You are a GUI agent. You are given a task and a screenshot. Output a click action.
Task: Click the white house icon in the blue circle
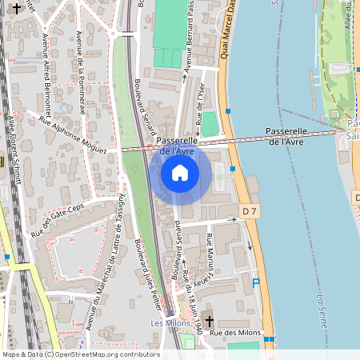point(180,173)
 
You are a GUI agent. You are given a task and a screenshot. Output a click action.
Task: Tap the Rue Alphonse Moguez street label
point(71,131)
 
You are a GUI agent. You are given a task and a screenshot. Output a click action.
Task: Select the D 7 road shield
point(250,211)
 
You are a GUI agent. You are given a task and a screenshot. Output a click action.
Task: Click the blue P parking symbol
point(256,282)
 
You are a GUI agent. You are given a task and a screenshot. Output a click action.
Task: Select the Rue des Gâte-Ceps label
point(58,221)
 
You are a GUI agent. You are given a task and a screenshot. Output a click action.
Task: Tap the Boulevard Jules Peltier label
point(147,267)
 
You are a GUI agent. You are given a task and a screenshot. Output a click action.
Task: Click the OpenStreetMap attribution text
point(81,354)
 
